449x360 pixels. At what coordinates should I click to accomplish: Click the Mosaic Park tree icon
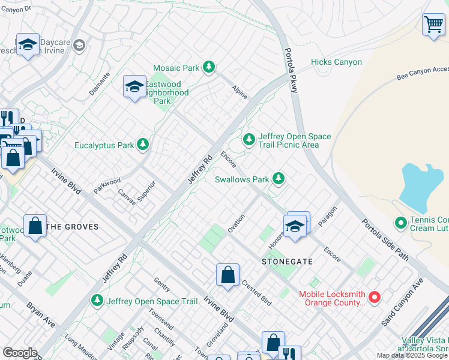[x=209, y=67]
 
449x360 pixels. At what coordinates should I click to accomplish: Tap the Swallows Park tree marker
[x=278, y=178]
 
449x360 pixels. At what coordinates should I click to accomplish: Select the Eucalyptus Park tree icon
[x=143, y=144]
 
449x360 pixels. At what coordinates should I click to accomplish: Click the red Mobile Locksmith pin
[x=375, y=297]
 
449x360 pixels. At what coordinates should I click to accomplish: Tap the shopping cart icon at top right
[x=433, y=25]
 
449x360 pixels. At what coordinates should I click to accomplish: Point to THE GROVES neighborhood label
[x=72, y=227]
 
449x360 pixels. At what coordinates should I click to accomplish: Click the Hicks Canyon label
[x=336, y=62]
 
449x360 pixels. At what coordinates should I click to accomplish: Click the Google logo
[x=20, y=353]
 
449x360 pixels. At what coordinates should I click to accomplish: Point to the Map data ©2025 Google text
[x=412, y=355]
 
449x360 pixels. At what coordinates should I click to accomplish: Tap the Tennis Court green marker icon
[x=401, y=223]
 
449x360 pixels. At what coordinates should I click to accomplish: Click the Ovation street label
[x=236, y=223]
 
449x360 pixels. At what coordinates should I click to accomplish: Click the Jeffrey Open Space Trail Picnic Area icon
[x=249, y=139]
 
